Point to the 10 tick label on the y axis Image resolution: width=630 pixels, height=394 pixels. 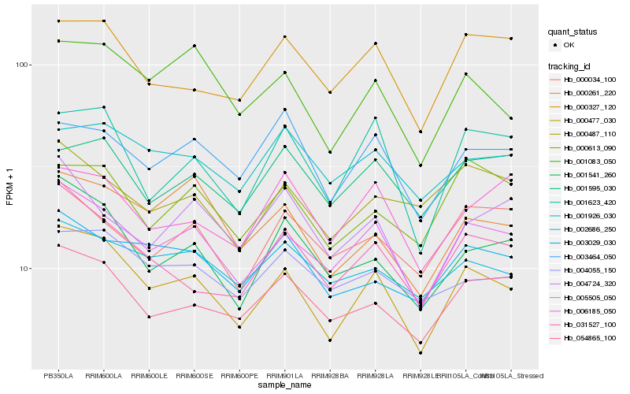tap(24, 268)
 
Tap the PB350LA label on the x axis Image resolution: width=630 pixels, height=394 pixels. tap(58, 376)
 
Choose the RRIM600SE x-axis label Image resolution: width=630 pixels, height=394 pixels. tap(194, 376)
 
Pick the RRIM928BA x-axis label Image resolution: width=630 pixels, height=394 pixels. tap(330, 376)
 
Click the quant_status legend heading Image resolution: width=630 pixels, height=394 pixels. tap(573, 32)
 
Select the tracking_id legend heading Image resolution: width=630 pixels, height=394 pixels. tap(569, 65)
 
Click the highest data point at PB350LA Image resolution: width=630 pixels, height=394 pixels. tap(58, 21)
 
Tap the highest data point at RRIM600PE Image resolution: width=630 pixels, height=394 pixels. tap(239, 100)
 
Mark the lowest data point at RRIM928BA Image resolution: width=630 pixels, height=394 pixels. tap(330, 340)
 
